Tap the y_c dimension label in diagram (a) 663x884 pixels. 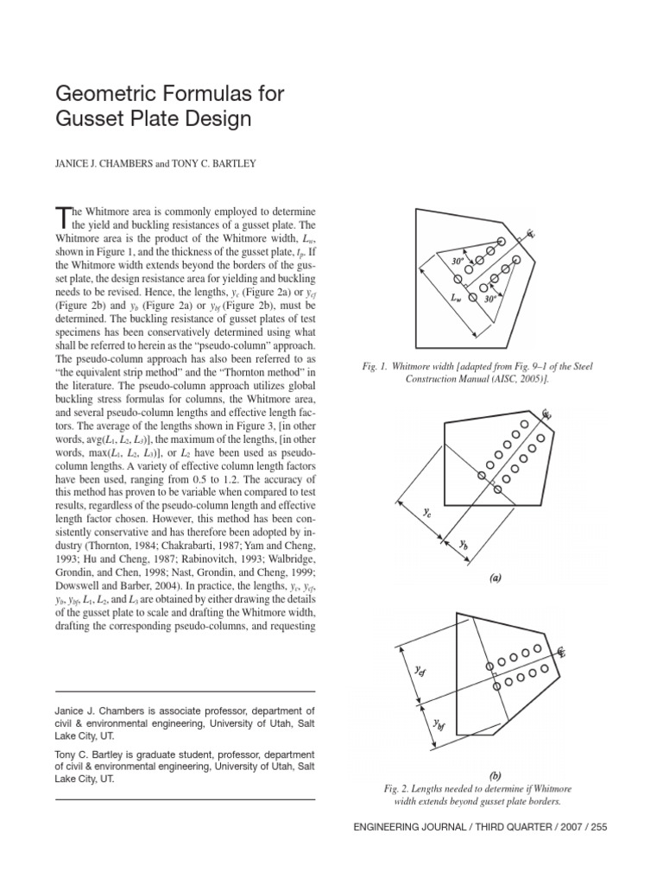pos(426,512)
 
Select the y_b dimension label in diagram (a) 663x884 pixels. pos(463,545)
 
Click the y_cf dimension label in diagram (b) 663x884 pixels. pos(419,671)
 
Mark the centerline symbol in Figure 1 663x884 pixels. pos(531,232)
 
